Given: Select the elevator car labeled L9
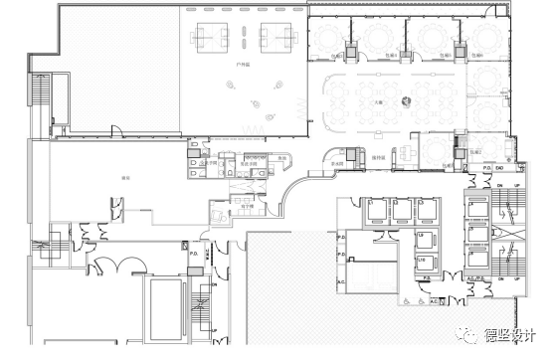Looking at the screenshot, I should pos(422,235).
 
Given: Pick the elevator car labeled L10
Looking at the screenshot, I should pos(422,261).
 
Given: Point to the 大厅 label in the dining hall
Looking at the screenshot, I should pos(379,100).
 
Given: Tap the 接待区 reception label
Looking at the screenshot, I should pos(378,157).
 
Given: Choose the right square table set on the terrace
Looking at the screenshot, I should pos(276,36).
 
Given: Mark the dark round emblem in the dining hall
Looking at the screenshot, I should pos(406,99).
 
